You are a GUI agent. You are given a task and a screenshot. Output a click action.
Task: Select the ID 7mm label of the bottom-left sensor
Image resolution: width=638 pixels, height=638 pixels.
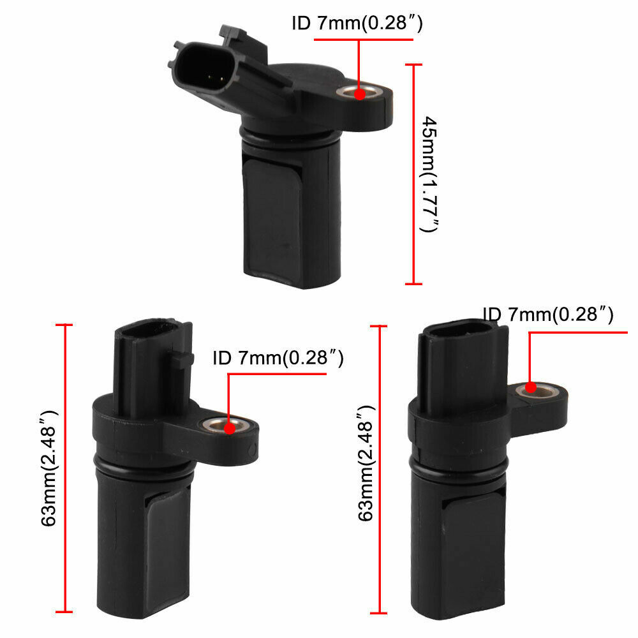(x=278, y=359)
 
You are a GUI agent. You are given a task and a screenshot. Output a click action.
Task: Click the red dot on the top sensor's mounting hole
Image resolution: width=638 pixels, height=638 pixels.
(x=359, y=94)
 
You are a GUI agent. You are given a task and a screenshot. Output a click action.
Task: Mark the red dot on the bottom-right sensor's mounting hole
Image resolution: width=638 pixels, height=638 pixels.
(x=530, y=387)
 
